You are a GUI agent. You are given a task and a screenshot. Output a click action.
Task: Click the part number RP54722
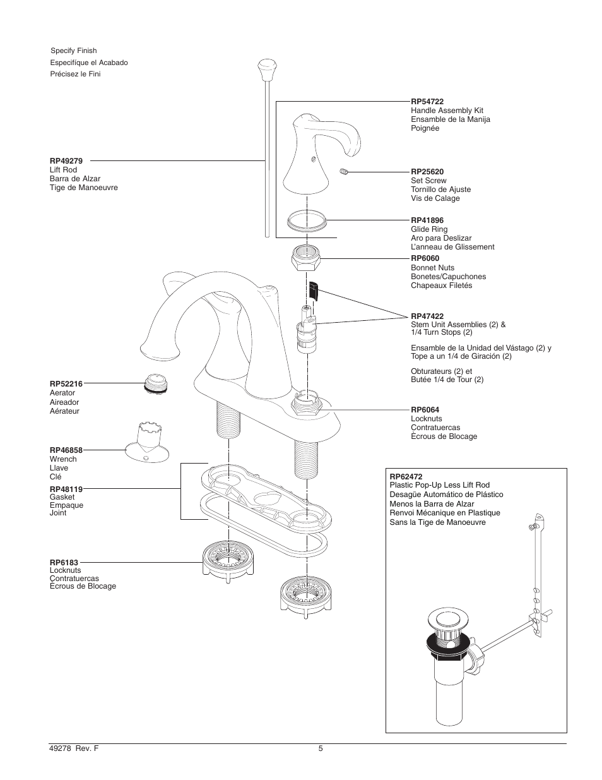point(427,101)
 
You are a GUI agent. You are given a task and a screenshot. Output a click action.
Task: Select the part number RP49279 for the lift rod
point(66,161)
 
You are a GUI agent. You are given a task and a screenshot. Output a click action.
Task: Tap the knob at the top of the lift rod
point(268,66)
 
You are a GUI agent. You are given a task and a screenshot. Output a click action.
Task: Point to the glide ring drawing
point(307,222)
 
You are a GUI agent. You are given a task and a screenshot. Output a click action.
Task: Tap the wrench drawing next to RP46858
point(146,443)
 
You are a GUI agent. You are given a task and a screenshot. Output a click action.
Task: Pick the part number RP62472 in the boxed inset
point(406,476)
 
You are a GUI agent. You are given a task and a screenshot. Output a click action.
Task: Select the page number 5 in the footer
point(320,749)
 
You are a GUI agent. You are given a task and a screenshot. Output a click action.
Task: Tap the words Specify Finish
point(73,51)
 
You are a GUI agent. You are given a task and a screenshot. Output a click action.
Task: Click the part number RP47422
point(427,316)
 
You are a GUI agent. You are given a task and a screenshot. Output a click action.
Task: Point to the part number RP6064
point(425,409)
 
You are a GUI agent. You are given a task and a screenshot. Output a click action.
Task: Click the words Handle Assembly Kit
point(447,111)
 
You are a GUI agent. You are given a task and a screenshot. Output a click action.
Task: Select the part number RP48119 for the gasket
point(66,489)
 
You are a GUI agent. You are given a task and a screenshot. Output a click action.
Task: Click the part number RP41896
point(427,220)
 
